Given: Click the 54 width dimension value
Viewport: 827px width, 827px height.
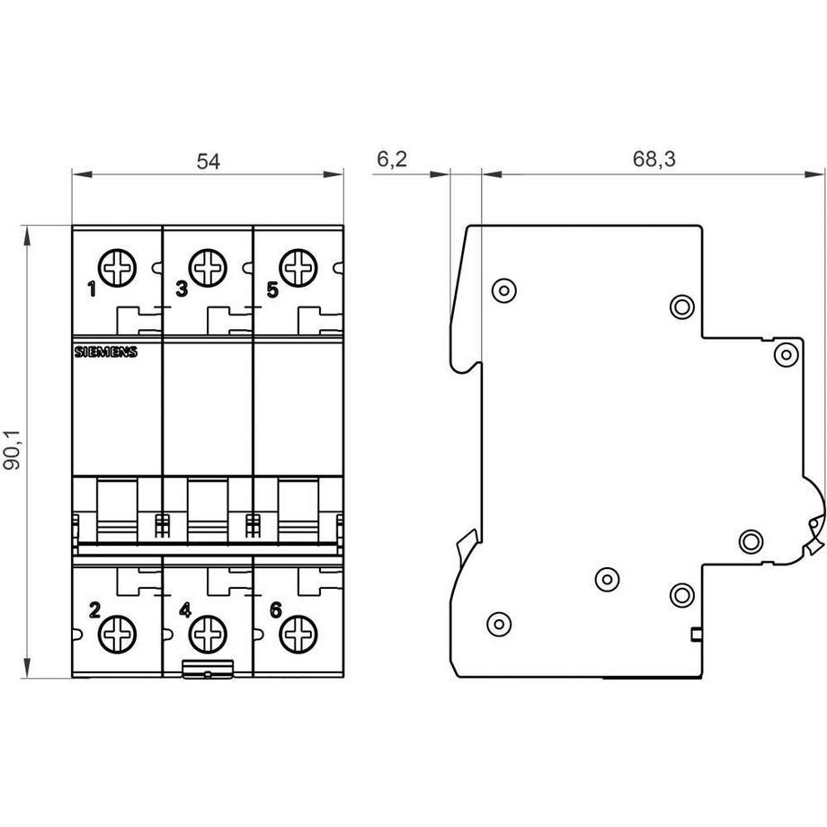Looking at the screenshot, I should tap(208, 162).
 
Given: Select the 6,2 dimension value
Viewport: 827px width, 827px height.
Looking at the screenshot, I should tap(392, 160).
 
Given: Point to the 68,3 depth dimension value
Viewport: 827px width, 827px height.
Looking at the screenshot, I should tap(654, 160).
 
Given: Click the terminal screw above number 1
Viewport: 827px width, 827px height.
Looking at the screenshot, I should tap(117, 267).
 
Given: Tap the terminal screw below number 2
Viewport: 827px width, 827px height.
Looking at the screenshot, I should tap(117, 635).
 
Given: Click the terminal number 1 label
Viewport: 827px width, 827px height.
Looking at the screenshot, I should tap(92, 289).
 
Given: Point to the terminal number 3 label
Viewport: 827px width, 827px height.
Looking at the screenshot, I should tap(182, 289).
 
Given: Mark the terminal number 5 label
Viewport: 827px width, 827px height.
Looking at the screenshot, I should tap(272, 289).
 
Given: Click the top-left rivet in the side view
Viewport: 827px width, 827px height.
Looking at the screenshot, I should tap(503, 290).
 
